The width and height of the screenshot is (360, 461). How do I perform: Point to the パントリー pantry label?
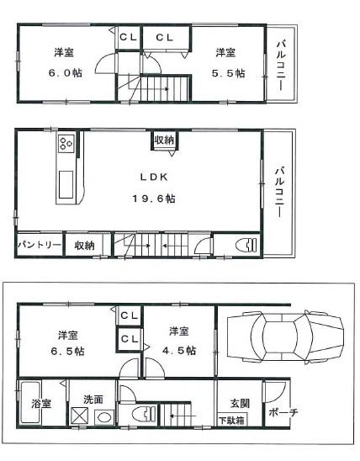pos(39,245)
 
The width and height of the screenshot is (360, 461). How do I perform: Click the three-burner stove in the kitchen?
pos(66,146)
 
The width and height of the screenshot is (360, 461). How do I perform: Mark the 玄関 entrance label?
pos(230,401)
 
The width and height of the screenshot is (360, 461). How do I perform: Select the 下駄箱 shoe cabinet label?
pos(231,420)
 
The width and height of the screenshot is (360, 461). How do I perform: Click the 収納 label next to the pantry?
pos(84,245)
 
